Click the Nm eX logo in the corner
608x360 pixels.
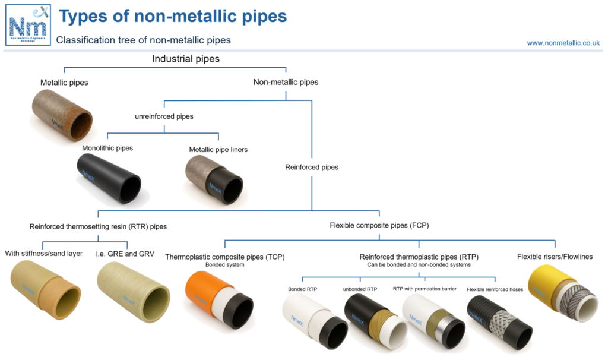[x=27, y=25]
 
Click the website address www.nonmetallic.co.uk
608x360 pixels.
[x=563, y=43]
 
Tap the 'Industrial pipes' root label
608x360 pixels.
[x=186, y=59]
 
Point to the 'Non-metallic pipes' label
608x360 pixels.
[x=286, y=82]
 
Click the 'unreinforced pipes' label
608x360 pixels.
[x=164, y=116]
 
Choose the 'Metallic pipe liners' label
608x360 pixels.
[x=218, y=150]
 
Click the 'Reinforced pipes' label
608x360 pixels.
[x=312, y=167]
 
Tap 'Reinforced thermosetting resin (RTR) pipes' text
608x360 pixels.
[x=98, y=226]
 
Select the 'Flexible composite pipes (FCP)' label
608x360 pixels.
[x=379, y=225]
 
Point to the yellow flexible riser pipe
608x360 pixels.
[x=563, y=292]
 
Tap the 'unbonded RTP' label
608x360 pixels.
[x=360, y=289]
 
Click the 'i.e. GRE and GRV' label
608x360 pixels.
[x=125, y=254]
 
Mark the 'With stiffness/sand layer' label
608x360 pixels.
[x=43, y=254]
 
